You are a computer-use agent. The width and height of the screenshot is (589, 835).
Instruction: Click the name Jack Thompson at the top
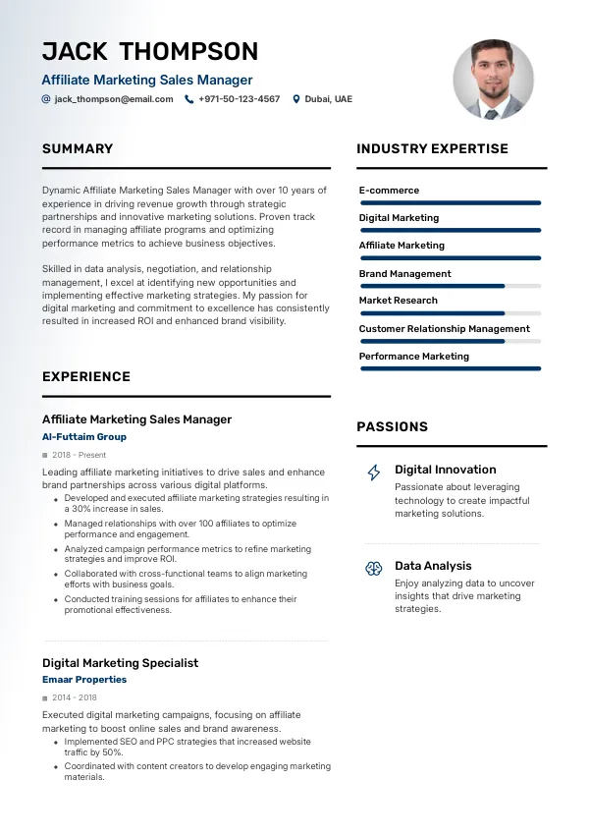pyautogui.click(x=150, y=51)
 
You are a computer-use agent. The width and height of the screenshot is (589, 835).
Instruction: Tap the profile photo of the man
pyautogui.click(x=493, y=80)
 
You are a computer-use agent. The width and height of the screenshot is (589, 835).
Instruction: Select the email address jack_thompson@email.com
pyautogui.click(x=114, y=99)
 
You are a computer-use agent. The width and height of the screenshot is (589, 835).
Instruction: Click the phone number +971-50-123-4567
pyautogui.click(x=239, y=99)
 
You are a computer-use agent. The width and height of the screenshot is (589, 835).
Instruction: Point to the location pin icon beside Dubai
pyautogui.click(x=296, y=99)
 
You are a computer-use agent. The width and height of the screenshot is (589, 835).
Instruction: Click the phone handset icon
pyautogui.click(x=189, y=99)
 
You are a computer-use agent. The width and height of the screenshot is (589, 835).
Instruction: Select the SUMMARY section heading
pyautogui.click(x=78, y=149)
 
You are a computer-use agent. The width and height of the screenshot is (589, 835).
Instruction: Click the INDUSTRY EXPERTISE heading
pyautogui.click(x=432, y=149)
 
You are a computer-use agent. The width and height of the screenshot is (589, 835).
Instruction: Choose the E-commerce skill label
pyautogui.click(x=389, y=191)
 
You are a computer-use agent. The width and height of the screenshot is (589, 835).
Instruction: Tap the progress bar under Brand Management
pyautogui.click(x=451, y=286)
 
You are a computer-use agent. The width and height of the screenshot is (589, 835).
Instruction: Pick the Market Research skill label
pyautogui.click(x=399, y=301)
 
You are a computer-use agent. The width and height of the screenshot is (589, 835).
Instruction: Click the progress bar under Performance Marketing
pyautogui.click(x=451, y=368)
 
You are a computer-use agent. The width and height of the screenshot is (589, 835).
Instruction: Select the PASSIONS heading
pyautogui.click(x=392, y=427)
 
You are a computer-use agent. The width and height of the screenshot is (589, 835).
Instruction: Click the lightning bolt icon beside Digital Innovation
pyautogui.click(x=374, y=473)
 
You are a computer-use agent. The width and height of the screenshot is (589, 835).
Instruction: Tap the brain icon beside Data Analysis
pyautogui.click(x=374, y=568)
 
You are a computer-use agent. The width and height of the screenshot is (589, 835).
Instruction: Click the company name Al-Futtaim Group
pyautogui.click(x=84, y=437)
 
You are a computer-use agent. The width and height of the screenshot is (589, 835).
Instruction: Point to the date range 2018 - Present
pyautogui.click(x=80, y=456)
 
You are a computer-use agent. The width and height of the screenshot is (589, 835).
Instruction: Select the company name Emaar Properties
pyautogui.click(x=84, y=680)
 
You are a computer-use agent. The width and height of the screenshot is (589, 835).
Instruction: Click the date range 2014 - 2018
pyautogui.click(x=76, y=698)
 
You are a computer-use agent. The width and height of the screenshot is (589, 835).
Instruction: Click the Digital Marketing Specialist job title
pyautogui.click(x=120, y=663)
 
